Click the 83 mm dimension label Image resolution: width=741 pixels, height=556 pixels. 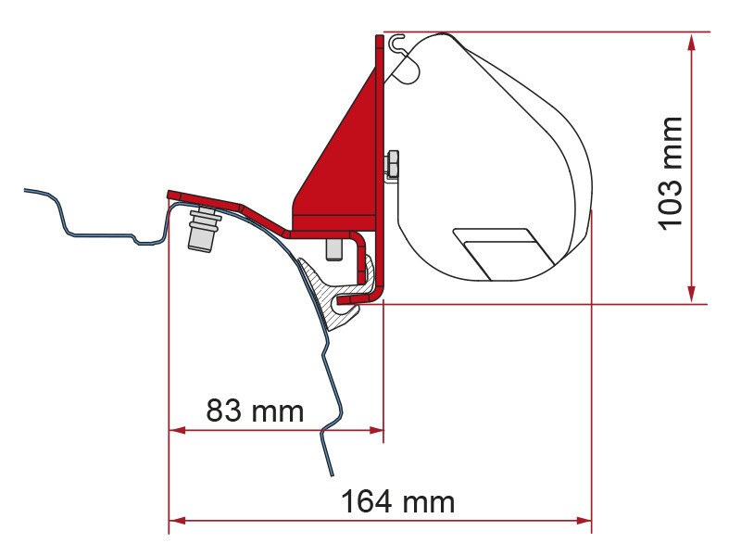(x=254, y=410)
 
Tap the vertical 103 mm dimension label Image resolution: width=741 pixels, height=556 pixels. (x=670, y=171)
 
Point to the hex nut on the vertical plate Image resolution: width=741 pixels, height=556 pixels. (x=392, y=164)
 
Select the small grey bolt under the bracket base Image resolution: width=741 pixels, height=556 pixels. (x=332, y=249)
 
